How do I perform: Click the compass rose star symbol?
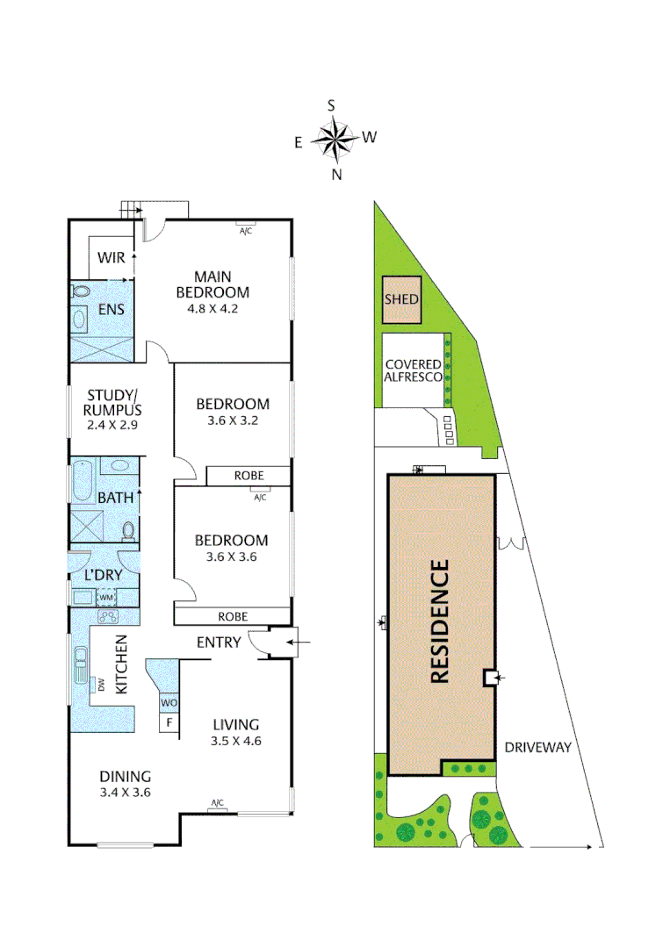click(x=332, y=139)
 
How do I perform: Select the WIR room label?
click(x=111, y=258)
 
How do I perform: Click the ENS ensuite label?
click(x=111, y=309)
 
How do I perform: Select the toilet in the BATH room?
click(x=128, y=529)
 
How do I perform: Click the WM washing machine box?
click(x=106, y=598)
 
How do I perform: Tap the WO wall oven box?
click(x=169, y=703)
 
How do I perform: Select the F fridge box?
click(x=169, y=724)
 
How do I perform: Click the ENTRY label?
click(x=218, y=643)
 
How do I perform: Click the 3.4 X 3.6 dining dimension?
click(x=125, y=793)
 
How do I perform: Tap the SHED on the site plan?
click(x=401, y=299)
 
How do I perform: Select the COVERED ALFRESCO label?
click(x=412, y=370)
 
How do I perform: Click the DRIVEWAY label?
click(x=537, y=748)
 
